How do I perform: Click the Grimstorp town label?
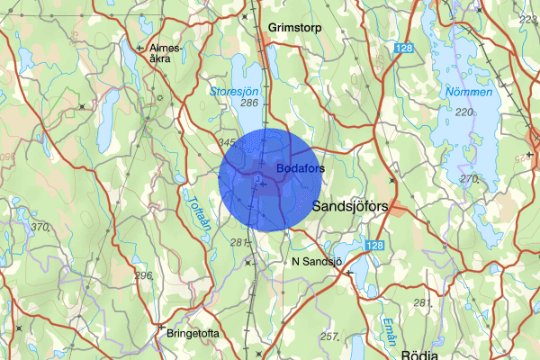click(x=291, y=28)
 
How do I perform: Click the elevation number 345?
click(x=228, y=143)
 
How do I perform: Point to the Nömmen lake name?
click(x=468, y=92)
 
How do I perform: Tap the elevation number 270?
click(x=468, y=178)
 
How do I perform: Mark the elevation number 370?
click(x=39, y=228)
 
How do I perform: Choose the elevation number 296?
click(x=143, y=274)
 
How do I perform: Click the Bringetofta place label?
click(x=192, y=332)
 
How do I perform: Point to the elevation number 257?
click(x=328, y=337)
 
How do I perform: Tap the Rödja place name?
click(x=420, y=353)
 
